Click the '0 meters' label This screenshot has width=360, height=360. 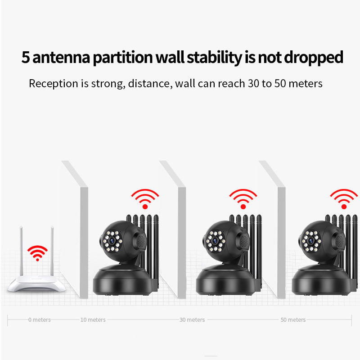pyautogui.click(x=40, y=319)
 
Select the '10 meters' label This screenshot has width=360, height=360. pyautogui.click(x=93, y=319)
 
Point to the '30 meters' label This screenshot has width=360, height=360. pyautogui.click(x=192, y=319)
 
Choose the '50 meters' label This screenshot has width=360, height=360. pyautogui.click(x=293, y=319)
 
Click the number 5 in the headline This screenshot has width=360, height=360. pyautogui.click(x=26, y=57)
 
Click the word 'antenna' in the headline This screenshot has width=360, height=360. pyautogui.click(x=61, y=58)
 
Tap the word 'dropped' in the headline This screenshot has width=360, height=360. pyautogui.click(x=314, y=58)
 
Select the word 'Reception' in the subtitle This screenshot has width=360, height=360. pyautogui.click(x=54, y=84)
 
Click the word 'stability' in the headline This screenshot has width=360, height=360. pyautogui.click(x=215, y=58)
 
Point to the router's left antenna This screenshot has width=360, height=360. pyautogui.click(x=21, y=251)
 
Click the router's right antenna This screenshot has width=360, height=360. pyautogui.click(x=52, y=251)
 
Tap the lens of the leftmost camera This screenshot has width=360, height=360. pyautogui.click(x=112, y=241)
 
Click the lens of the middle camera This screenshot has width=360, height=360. pyautogui.click(x=215, y=241)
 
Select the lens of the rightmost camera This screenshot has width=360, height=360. pyautogui.click(x=311, y=241)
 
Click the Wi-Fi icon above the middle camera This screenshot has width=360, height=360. pyautogui.click(x=243, y=199)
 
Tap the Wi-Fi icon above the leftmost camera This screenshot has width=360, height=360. pyautogui.click(x=145, y=199)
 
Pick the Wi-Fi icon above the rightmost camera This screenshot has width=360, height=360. pyautogui.click(x=344, y=199)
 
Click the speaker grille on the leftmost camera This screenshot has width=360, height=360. pyautogui.click(x=141, y=241)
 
